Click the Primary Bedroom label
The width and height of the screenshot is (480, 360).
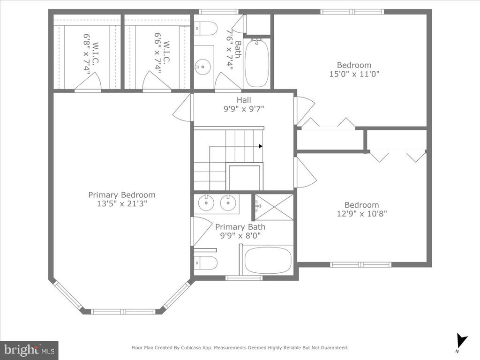[122, 195]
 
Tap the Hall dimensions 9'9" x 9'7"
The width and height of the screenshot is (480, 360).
[244, 109]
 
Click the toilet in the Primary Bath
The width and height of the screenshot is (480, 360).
[206, 263]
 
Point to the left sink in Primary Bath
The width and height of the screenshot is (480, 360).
[206, 202]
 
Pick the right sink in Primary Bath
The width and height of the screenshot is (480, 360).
[228, 202]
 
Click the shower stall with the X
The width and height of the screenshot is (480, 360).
[274, 207]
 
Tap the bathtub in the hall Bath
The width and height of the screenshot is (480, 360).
[257, 63]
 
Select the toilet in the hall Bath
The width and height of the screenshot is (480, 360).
[206, 29]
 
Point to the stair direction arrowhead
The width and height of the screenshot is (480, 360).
[261, 146]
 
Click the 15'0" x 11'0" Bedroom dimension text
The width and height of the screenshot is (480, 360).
[354, 74]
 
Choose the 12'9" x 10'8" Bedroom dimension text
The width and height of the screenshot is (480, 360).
[362, 214]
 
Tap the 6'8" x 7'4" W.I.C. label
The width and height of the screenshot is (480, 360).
[91, 54]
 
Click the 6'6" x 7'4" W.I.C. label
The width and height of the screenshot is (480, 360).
[162, 53]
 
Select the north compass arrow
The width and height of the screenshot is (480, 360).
[461, 340]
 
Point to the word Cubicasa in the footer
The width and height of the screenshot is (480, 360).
[190, 348]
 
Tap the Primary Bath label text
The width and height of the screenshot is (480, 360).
[240, 227]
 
